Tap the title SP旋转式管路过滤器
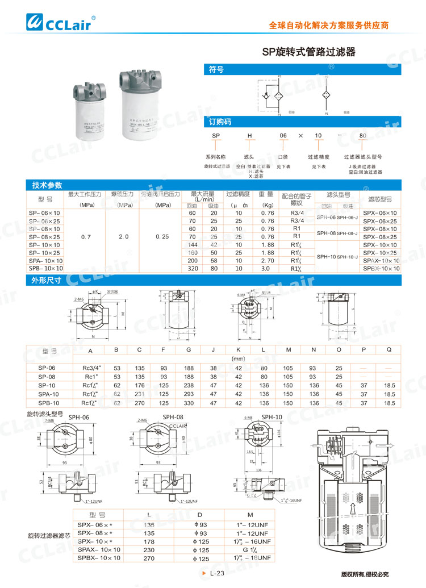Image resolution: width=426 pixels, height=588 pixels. click(x=308, y=52)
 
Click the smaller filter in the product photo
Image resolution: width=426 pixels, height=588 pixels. click(x=90, y=112)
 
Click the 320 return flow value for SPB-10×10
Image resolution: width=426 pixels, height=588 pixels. click(x=192, y=268)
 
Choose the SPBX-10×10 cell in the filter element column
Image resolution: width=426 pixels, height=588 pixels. click(x=381, y=268)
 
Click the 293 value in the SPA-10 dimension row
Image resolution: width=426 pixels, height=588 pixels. click(x=189, y=394)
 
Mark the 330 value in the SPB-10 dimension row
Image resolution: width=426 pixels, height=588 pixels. click(x=189, y=403)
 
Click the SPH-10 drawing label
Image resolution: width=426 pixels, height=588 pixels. click(x=271, y=416)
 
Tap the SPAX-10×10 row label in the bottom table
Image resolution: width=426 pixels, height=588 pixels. click(x=99, y=550)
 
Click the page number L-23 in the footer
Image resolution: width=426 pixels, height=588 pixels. click(x=217, y=574)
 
